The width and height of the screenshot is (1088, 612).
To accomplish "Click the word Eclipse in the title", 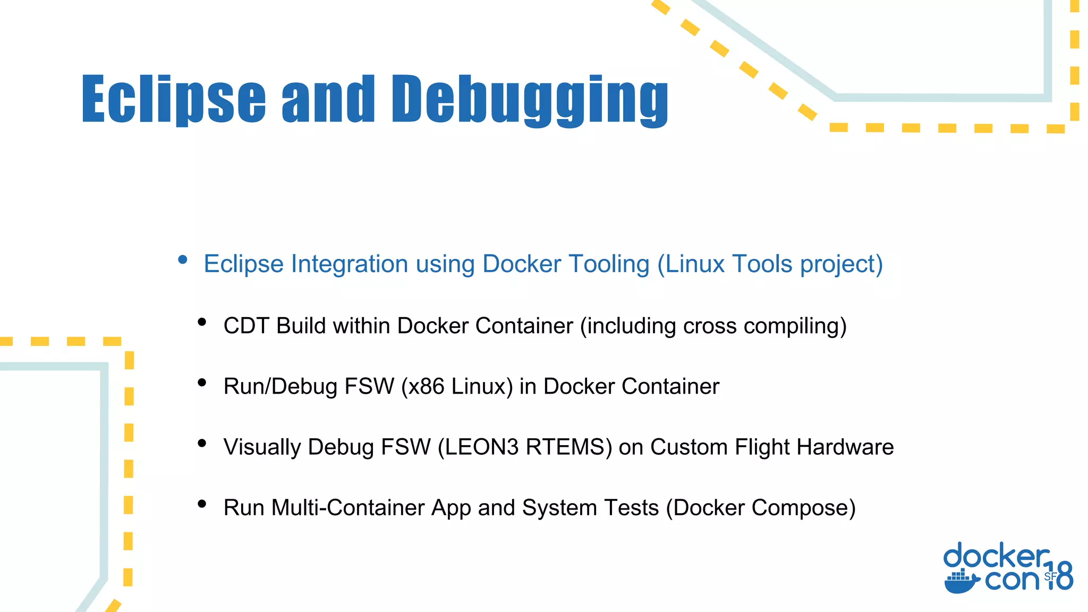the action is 173,99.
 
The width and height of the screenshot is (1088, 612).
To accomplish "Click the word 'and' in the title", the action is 328,99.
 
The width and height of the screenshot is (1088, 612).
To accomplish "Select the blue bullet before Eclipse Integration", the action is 183,260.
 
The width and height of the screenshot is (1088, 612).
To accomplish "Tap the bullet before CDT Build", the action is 202,322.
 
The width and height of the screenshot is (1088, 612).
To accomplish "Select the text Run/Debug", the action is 280,387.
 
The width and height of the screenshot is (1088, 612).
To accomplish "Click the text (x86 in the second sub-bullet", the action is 422,387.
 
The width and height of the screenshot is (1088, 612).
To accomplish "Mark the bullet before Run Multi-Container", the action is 202,504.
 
